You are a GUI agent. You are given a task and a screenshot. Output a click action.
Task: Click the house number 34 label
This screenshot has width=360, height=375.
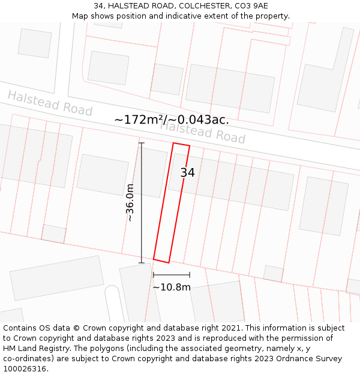click(188, 173)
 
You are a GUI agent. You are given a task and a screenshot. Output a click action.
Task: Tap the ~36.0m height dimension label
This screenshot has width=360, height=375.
click(130, 203)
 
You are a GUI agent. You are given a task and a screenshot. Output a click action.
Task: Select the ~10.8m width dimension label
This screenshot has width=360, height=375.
click(172, 287)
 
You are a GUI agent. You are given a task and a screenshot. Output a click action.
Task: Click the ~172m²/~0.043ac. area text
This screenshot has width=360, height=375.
click(172, 120)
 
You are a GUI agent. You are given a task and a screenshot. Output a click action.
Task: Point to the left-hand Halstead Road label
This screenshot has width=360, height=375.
click(50, 103)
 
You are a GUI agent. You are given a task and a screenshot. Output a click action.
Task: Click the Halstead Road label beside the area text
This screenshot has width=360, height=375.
click(203, 131)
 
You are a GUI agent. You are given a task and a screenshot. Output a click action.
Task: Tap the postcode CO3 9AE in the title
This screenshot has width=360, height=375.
click(254, 6)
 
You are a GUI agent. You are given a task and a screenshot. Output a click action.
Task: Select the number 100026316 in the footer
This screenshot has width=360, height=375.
click(26, 369)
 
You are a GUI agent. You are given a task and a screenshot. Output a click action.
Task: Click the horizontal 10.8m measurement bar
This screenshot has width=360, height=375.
click(172, 275)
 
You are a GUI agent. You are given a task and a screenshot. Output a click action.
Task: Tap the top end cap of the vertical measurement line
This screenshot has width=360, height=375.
click(142, 143)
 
